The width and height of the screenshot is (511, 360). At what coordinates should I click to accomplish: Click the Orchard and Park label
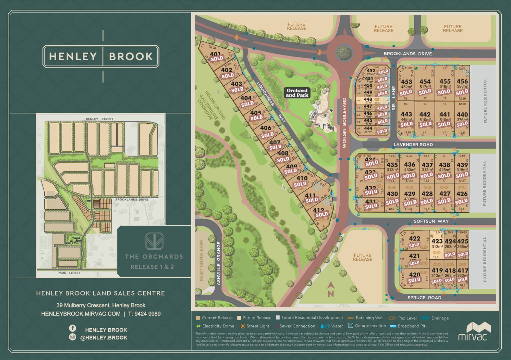[x=297, y=93]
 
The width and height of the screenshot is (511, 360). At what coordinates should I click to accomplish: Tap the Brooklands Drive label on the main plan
[x=407, y=54]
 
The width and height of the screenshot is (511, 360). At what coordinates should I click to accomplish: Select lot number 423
[x=437, y=241]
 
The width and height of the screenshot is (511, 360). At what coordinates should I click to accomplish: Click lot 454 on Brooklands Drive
[x=425, y=82]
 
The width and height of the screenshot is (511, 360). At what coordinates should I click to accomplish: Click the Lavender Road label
[x=413, y=145]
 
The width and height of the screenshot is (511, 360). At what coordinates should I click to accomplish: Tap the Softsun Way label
[x=431, y=221]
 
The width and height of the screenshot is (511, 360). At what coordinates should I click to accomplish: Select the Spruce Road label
[x=424, y=298]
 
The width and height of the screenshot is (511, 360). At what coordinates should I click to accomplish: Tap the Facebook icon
[x=72, y=328]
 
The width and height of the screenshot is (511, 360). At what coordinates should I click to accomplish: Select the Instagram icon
[x=72, y=337]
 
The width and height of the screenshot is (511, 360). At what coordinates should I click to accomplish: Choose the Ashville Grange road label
[x=219, y=263]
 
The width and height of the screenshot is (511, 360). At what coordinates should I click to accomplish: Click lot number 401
[x=215, y=54]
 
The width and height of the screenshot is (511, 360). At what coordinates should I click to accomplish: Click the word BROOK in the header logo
[x=131, y=56]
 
